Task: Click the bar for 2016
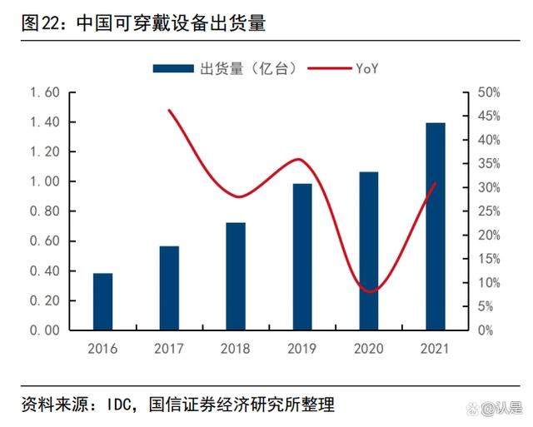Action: (102, 301)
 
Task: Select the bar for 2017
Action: (169, 288)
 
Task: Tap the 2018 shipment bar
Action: (236, 276)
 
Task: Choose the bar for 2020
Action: (369, 251)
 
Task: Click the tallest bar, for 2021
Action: (436, 226)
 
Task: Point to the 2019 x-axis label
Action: (302, 349)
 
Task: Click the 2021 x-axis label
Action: (436, 349)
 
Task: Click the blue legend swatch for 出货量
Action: (173, 68)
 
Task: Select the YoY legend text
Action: (366, 68)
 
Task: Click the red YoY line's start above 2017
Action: (169, 110)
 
